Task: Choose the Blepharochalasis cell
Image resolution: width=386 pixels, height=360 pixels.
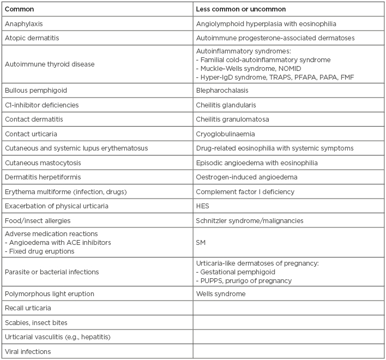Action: (x=224, y=89)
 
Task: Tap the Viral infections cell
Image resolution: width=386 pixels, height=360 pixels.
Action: (x=25, y=352)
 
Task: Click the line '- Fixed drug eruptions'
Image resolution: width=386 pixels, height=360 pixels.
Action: (x=38, y=250)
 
